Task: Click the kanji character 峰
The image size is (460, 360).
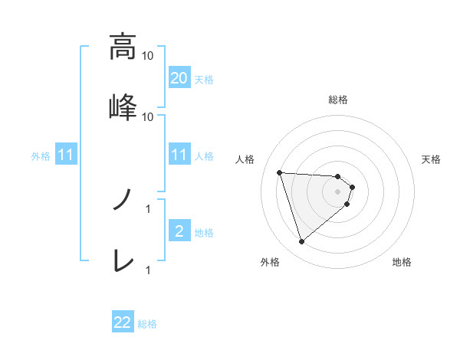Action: coord(122,106)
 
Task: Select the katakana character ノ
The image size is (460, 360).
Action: coord(122,201)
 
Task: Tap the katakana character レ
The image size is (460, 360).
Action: coord(122,261)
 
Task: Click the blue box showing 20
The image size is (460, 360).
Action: coord(179,78)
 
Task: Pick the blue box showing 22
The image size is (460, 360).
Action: coord(123,323)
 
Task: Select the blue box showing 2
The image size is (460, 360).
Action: coord(179,231)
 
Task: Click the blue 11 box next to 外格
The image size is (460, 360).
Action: coord(65,155)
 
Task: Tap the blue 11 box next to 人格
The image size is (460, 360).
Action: coord(179,155)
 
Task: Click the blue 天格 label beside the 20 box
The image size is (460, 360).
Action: coord(204,79)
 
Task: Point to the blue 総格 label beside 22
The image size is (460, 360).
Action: coord(147,324)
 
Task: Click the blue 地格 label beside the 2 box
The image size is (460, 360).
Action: coord(204,232)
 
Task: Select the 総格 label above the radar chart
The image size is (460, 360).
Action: coord(338,100)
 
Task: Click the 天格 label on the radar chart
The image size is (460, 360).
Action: coord(431,159)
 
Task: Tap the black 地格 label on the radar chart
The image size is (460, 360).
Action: coord(402,262)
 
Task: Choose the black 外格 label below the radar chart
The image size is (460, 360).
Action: coord(270,262)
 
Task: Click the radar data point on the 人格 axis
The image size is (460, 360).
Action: coord(280,172)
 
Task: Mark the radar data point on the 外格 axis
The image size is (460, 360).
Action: coord(301,242)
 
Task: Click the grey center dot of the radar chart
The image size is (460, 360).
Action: coord(338,191)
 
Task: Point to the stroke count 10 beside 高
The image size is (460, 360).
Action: coord(149,55)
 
